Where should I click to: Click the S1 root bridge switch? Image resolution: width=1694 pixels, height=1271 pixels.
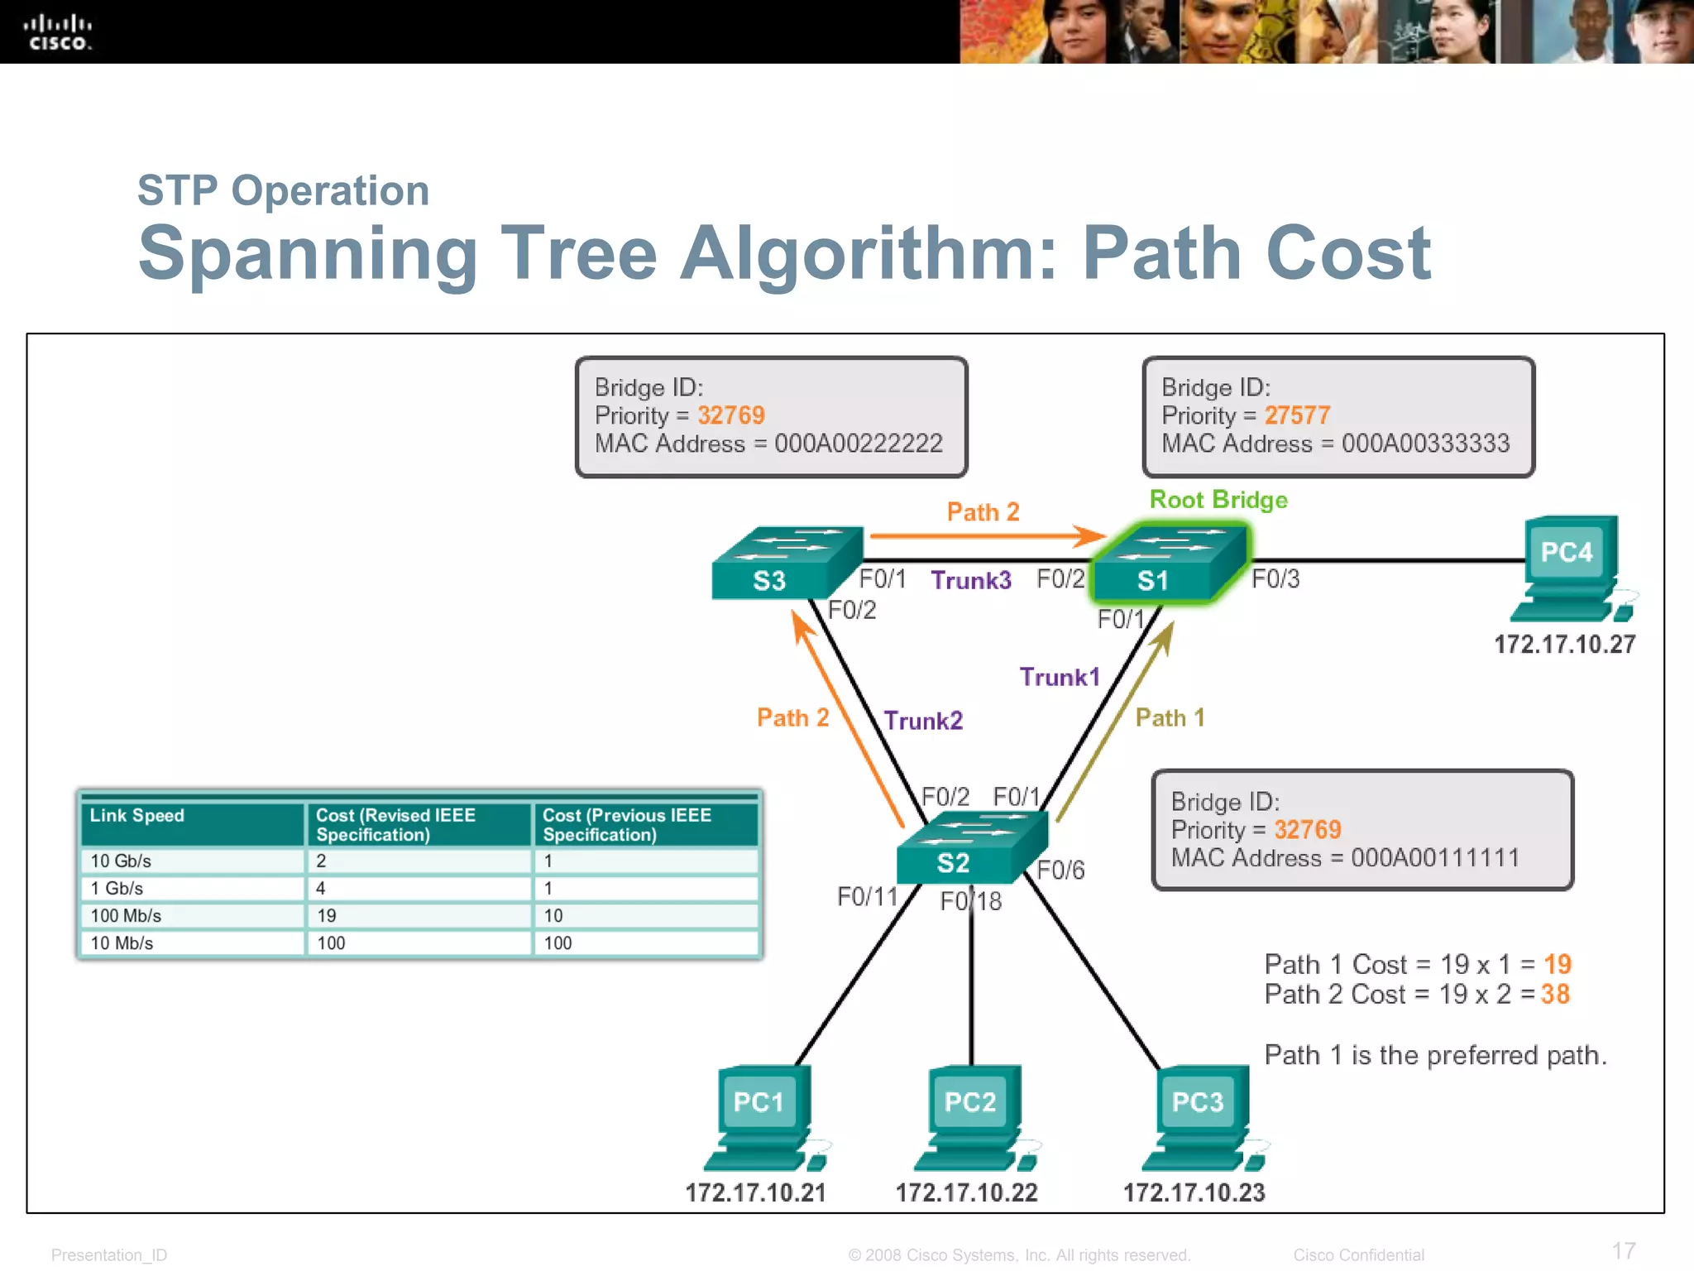(1169, 564)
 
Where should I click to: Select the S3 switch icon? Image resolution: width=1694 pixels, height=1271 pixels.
(786, 564)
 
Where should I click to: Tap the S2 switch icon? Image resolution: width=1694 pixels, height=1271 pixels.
(971, 847)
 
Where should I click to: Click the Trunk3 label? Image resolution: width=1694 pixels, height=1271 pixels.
(971, 580)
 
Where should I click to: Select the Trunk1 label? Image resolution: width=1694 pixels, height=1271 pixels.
(1060, 677)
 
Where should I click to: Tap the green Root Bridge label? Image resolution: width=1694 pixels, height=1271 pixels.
(1218, 500)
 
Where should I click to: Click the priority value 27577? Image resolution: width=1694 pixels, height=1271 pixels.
(1297, 415)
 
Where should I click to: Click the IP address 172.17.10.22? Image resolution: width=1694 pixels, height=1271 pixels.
(966, 1192)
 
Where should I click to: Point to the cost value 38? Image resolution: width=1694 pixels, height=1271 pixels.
(1555, 994)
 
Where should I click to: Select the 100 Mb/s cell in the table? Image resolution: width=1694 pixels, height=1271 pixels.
(126, 915)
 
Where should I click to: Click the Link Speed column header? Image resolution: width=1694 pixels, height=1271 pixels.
(137, 816)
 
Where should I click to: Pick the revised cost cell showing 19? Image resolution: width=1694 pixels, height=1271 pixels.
(327, 915)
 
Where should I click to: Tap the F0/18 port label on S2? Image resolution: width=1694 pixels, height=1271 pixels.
(971, 901)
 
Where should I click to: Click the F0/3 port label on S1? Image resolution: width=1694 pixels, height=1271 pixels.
(1275, 579)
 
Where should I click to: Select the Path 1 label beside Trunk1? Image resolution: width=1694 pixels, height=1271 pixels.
(1170, 717)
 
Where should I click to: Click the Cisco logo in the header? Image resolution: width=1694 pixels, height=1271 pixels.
(57, 32)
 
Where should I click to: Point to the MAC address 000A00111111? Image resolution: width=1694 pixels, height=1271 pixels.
(1435, 858)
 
